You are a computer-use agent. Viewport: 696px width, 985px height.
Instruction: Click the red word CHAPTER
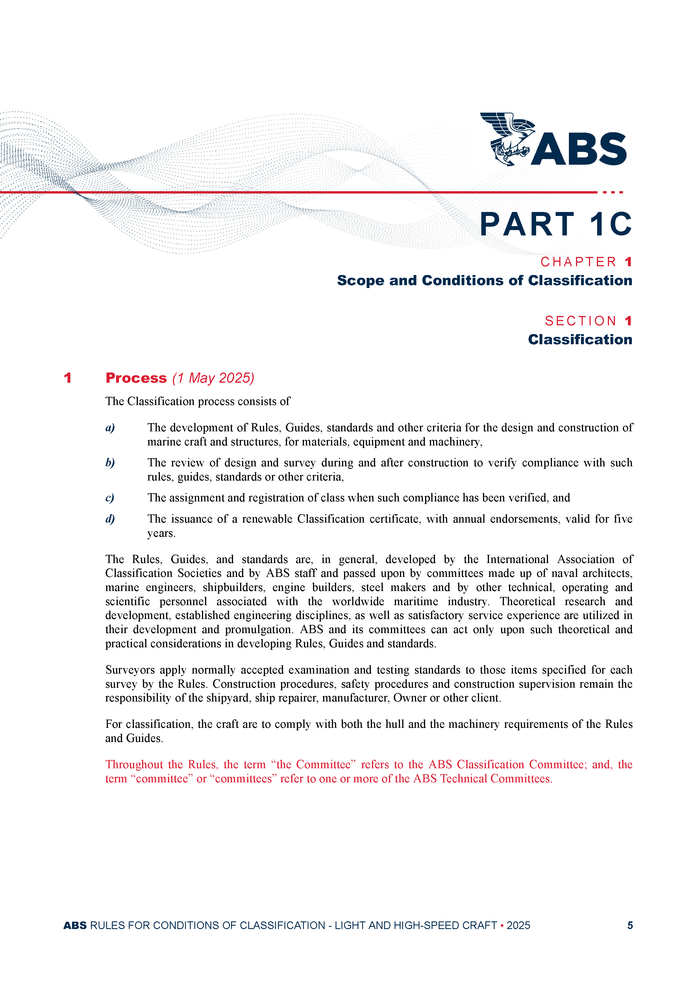[x=578, y=262]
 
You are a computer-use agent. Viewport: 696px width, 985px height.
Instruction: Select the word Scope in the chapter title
[x=360, y=281]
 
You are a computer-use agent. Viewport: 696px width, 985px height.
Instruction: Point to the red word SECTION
[x=580, y=321]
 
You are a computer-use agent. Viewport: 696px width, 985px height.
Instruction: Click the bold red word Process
[x=136, y=378]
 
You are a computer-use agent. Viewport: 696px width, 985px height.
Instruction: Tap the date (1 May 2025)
[x=213, y=378]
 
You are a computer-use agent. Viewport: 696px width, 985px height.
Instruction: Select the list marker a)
[x=110, y=428]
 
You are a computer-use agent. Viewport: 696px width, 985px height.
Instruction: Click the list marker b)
[x=110, y=463]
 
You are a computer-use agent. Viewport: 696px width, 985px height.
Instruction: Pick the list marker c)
[x=110, y=498]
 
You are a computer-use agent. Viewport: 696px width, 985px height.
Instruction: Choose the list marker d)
[x=110, y=519]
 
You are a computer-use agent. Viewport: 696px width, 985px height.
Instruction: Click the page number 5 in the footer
[x=630, y=925]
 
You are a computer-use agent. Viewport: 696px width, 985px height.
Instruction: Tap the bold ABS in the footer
[x=75, y=925]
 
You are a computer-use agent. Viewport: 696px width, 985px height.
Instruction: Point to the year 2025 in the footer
[x=518, y=925]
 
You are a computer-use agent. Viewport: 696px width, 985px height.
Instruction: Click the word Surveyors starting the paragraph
[x=130, y=670]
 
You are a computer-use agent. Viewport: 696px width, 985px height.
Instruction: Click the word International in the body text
[x=517, y=559]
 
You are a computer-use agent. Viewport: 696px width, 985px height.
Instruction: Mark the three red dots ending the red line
[x=613, y=192]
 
